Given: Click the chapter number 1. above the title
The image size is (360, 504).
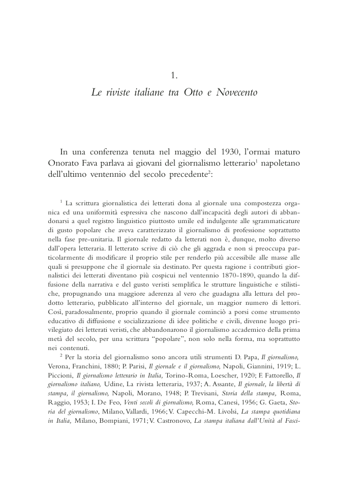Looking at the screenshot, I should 173,76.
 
